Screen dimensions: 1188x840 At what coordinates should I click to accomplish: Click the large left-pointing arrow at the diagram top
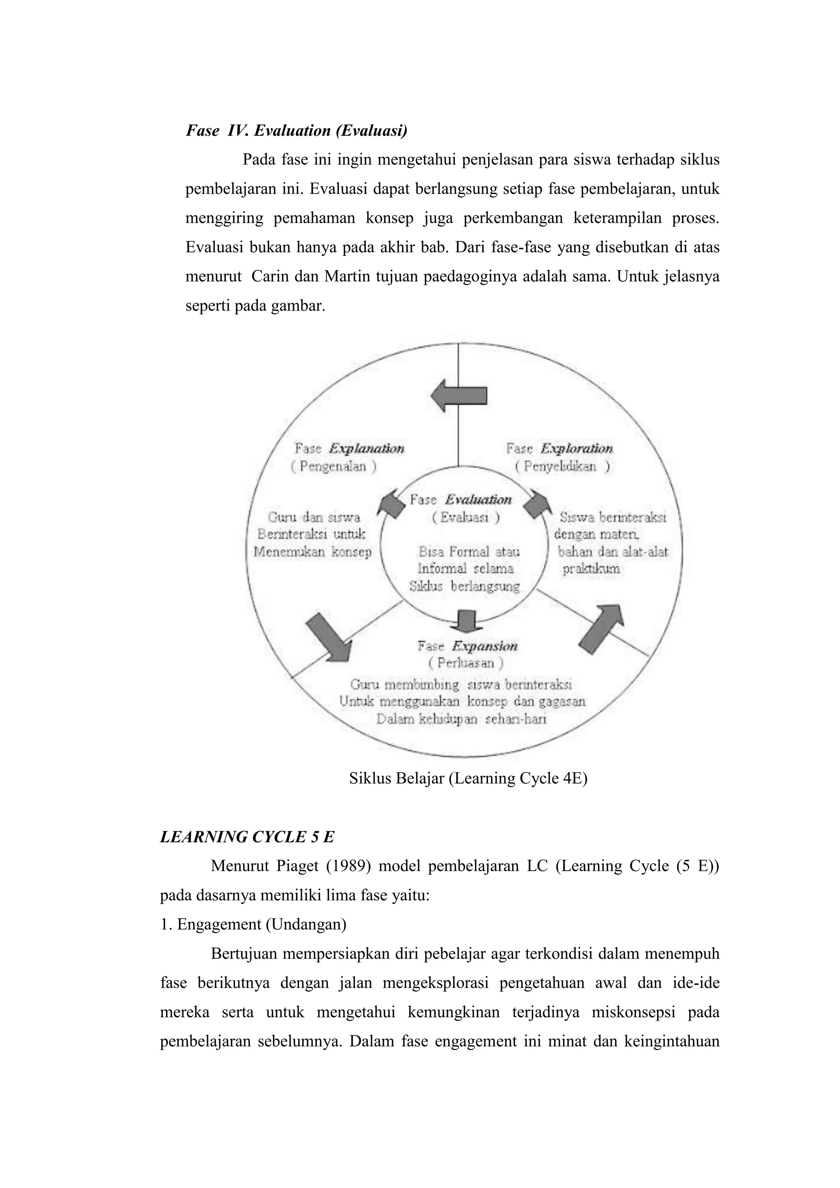(x=458, y=396)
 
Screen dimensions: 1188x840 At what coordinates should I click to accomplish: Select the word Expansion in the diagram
(x=485, y=646)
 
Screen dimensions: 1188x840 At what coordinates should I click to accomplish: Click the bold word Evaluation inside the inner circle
(x=478, y=499)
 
